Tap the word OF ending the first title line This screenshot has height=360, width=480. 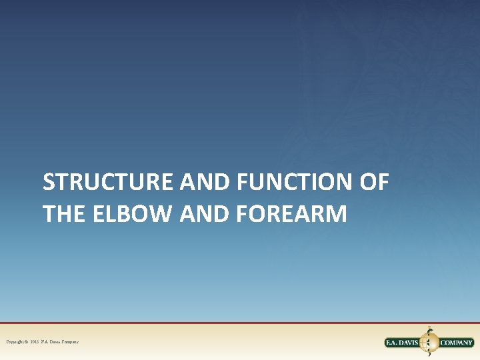point(373,182)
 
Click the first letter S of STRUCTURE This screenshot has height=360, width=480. point(49,182)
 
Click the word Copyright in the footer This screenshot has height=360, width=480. point(16,342)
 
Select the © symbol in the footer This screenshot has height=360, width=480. point(27,342)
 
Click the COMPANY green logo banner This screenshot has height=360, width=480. point(456,343)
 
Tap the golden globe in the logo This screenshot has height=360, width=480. point(429,343)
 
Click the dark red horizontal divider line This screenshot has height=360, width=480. point(240,323)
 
